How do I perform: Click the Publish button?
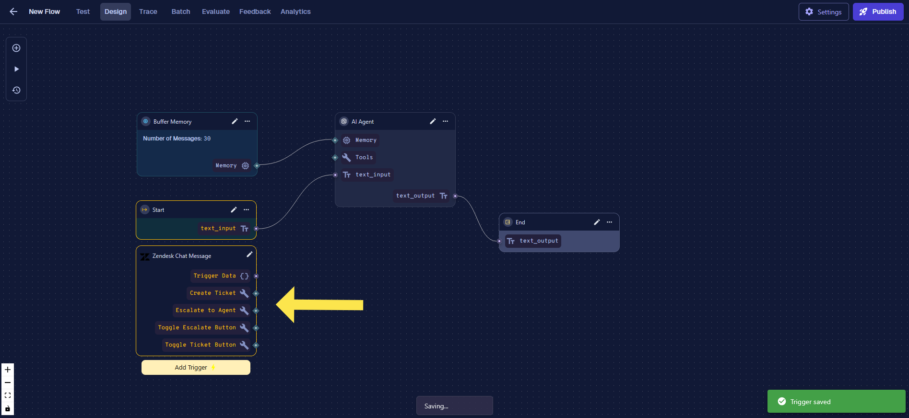click(878, 12)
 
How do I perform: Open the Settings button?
click(824, 12)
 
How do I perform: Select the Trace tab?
click(148, 12)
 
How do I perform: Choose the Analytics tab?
click(295, 12)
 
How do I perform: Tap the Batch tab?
click(181, 12)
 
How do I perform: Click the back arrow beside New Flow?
click(13, 12)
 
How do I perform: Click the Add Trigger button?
click(196, 367)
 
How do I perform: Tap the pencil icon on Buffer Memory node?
click(235, 121)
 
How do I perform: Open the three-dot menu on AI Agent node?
click(445, 121)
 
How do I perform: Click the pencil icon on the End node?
click(597, 222)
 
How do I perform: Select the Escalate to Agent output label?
click(205, 310)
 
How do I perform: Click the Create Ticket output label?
click(212, 293)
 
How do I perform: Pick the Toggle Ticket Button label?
click(201, 345)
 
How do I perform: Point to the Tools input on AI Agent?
click(364, 157)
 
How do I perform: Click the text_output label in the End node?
click(539, 241)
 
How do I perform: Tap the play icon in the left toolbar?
click(16, 69)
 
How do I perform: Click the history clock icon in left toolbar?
click(16, 90)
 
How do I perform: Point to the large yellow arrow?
click(319, 305)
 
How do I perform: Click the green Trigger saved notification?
click(836, 401)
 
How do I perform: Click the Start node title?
click(158, 210)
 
